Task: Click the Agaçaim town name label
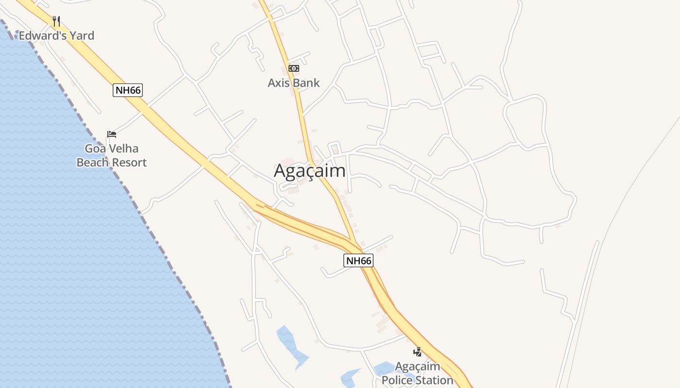(x=310, y=171)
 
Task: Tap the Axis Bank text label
(x=294, y=83)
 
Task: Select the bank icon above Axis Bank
(x=294, y=68)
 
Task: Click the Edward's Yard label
(x=56, y=36)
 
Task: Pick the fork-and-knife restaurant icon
(x=56, y=21)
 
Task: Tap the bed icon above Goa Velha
(x=112, y=134)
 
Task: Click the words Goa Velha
(x=112, y=149)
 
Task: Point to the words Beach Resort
(x=112, y=162)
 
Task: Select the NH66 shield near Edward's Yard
(x=128, y=90)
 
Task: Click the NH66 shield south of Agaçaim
(x=358, y=260)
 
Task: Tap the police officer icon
(x=417, y=352)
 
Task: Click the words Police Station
(x=417, y=380)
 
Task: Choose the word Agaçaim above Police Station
(x=417, y=367)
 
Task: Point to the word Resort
(x=129, y=162)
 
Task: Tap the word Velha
(x=125, y=149)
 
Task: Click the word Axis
(x=278, y=83)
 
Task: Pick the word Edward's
(x=42, y=36)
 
